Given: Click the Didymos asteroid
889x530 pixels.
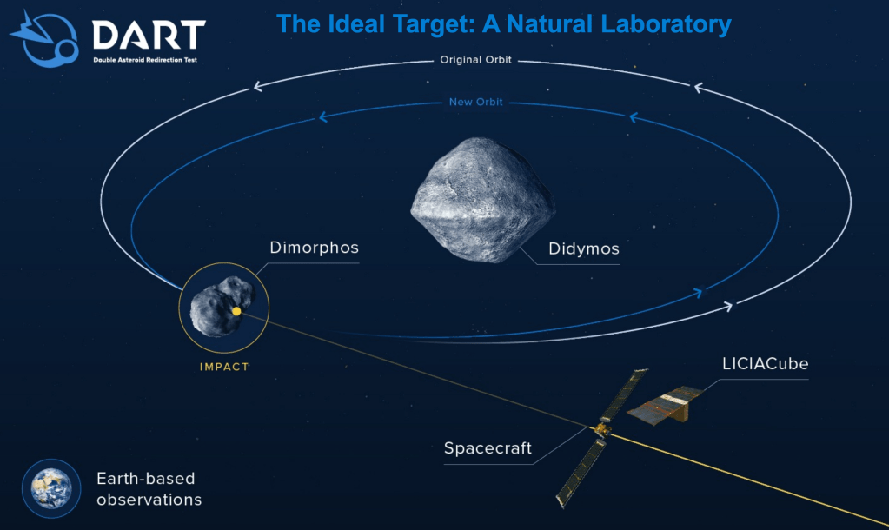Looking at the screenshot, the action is (482, 200).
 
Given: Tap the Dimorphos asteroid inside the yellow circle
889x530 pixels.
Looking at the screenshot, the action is (222, 306).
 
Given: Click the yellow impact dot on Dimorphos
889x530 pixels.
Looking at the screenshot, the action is (236, 311).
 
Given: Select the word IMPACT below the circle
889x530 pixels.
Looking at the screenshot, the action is (224, 367).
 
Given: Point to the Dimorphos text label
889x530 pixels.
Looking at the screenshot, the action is (314, 248).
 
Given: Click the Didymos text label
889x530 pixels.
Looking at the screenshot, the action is (583, 248).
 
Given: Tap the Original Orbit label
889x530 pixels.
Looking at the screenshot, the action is (475, 60).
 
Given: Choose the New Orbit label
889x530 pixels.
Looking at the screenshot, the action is (475, 102).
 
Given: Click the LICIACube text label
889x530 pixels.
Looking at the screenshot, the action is (765, 363).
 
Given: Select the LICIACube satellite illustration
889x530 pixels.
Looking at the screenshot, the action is (665, 405).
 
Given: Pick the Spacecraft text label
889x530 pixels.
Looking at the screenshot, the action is (488, 448).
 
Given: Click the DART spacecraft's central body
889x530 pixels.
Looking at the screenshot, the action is (602, 430).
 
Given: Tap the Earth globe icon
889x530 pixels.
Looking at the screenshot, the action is (51, 488).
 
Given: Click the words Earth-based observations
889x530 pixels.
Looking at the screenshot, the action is (149, 488).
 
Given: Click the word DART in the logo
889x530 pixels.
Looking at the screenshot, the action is (149, 35).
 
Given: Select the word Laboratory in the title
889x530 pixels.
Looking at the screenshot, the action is (666, 23).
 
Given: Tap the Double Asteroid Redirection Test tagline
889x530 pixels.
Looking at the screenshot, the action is (145, 60).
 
